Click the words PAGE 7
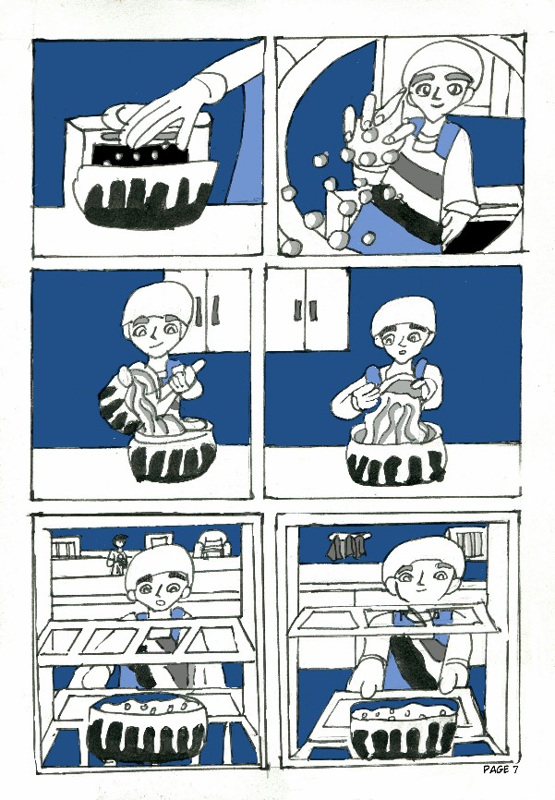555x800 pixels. [x=501, y=769]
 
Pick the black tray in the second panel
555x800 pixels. [x=473, y=236]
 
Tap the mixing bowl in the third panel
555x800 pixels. [x=172, y=450]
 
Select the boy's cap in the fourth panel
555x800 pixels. [x=403, y=314]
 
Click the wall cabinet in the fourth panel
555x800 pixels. [x=308, y=309]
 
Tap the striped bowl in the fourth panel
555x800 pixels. [x=396, y=459]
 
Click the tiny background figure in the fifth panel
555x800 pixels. [x=118, y=554]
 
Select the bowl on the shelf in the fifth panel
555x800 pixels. [x=147, y=729]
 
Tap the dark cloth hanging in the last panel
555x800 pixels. [x=348, y=546]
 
